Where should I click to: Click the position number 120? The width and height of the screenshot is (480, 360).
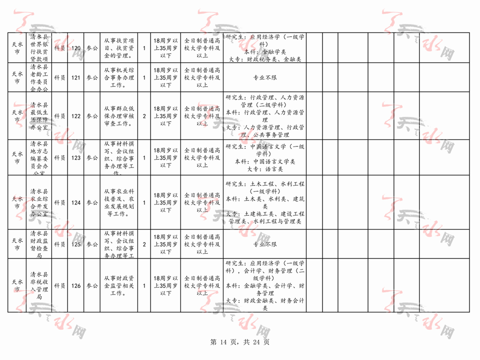76,48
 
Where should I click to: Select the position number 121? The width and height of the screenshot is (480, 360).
76,78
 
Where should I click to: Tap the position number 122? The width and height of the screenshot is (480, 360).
76,116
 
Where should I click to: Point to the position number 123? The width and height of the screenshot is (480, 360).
76,157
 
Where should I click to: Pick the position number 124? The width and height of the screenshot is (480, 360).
76,202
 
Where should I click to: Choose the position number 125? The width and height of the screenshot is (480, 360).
76,244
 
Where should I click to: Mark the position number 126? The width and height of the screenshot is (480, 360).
76,286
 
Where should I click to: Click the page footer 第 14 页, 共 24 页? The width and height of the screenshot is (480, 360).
240,342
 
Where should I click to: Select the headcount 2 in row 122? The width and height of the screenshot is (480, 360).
144,116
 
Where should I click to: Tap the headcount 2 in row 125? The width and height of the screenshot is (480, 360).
144,244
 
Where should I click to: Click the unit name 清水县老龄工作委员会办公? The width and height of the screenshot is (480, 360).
39,78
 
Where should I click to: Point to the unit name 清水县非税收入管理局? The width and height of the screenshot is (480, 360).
39,286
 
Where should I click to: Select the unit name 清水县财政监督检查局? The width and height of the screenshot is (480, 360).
39,244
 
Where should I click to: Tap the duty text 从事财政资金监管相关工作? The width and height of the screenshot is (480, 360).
118,286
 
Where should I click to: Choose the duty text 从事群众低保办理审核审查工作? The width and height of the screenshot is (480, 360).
118,116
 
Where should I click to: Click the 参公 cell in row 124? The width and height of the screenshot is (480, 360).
92,202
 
